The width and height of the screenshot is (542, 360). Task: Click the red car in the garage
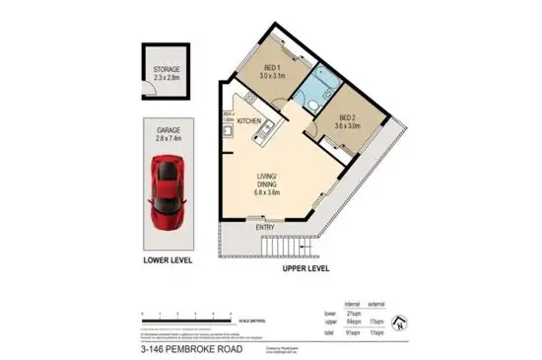point(167,196)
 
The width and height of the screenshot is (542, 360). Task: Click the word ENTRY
point(265,228)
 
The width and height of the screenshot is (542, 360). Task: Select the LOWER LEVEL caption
point(164,261)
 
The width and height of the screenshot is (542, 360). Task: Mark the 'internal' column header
point(351,303)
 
